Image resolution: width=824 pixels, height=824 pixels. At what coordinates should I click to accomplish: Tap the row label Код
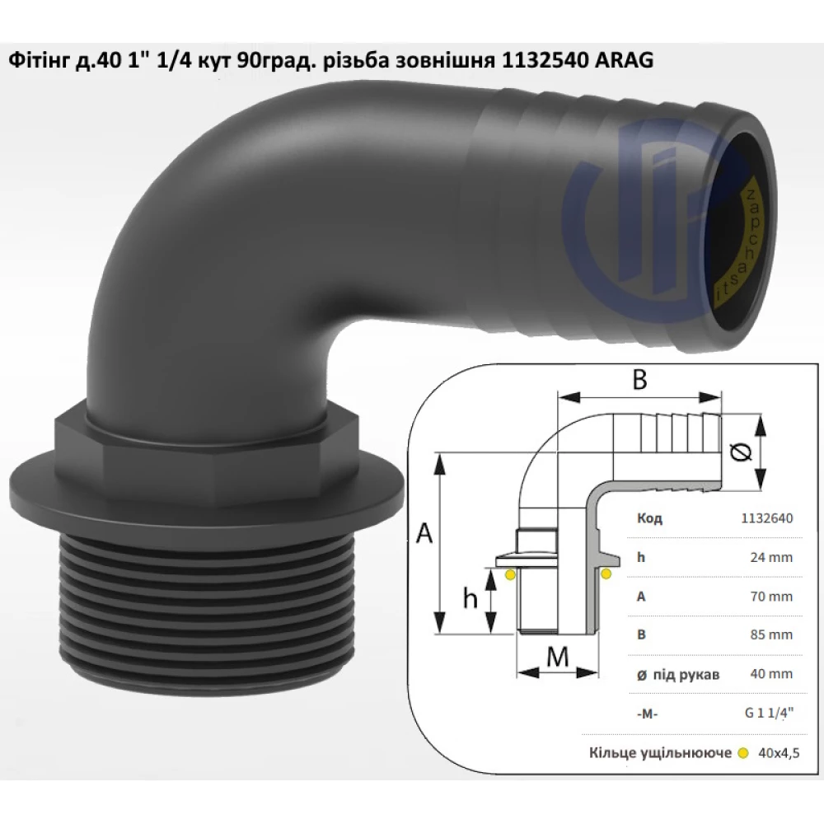(x=649, y=518)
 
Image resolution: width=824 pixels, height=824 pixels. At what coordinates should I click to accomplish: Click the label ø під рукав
(x=678, y=674)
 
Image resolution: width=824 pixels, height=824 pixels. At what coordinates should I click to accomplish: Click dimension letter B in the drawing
(x=639, y=381)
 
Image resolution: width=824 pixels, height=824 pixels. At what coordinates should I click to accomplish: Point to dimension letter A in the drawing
(x=425, y=535)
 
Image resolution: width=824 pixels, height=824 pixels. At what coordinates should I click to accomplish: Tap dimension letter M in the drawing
(x=557, y=659)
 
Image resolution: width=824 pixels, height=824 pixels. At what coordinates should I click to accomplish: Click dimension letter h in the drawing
(x=470, y=599)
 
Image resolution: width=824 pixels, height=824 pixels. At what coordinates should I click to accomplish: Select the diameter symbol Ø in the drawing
(x=741, y=452)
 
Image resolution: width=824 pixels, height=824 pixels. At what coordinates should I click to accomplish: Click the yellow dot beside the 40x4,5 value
(x=743, y=752)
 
